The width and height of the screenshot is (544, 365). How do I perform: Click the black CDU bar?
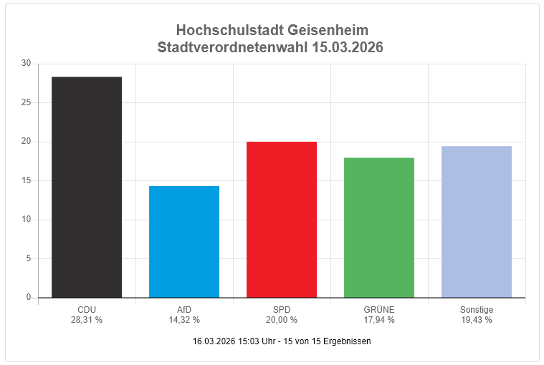coord(87,187)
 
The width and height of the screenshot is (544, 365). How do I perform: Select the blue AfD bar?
coord(184,242)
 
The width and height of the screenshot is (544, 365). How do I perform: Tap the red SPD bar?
coord(282,220)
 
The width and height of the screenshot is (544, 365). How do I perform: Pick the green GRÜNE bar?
coord(379,228)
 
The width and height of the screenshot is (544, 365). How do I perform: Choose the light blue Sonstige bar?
coord(477,222)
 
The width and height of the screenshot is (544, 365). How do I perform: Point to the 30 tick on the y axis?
coord(26,64)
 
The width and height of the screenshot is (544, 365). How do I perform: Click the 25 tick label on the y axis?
coord(26,102)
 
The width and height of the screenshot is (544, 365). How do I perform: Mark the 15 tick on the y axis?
coord(26,180)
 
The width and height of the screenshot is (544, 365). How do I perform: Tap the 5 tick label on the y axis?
coord(28,258)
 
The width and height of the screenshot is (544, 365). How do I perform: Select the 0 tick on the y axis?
coord(29,297)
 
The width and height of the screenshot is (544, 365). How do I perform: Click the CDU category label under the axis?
coord(87,310)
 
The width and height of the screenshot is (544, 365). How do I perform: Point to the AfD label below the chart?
coord(184,310)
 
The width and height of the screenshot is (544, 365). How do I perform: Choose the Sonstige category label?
coord(477,310)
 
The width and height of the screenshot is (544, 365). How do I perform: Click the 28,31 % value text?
coord(87,320)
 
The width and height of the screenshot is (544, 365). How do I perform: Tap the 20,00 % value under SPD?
coord(282,320)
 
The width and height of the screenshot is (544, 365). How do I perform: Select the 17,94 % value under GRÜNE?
coord(379,320)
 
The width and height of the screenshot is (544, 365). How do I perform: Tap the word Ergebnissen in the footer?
coord(347,341)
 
